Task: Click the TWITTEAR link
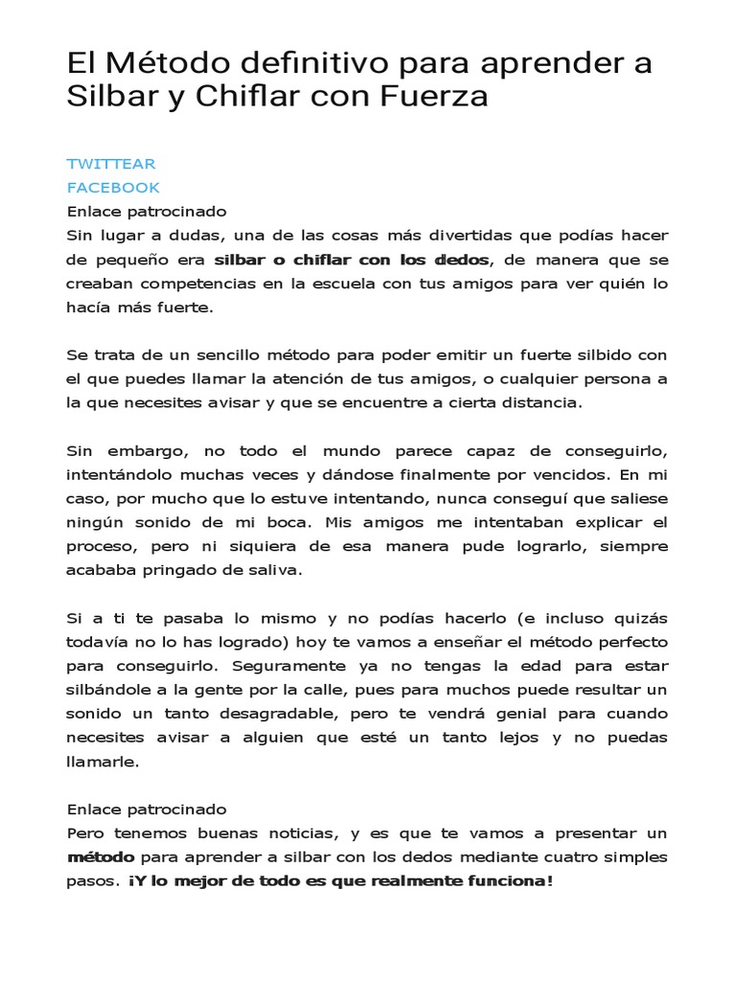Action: click(x=111, y=164)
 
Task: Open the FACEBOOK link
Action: click(x=113, y=187)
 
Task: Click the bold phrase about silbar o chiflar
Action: click(x=352, y=260)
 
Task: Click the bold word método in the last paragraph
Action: click(x=101, y=857)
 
